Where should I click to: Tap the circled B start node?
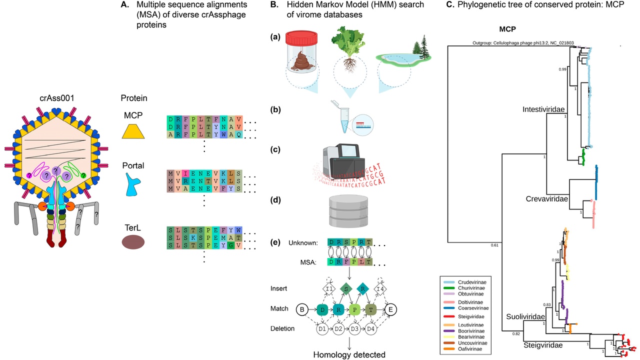302,309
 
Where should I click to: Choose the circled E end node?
390,309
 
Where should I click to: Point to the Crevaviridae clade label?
548,199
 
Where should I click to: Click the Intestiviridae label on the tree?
544,109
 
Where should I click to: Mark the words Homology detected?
349,354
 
